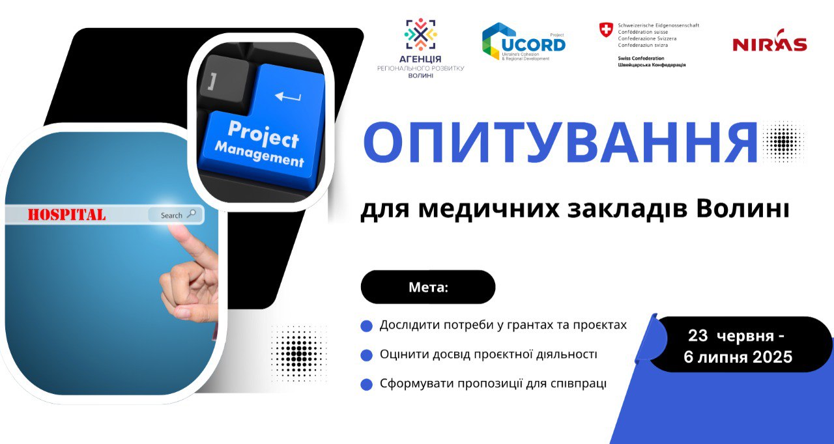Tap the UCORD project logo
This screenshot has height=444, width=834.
pos(523,42)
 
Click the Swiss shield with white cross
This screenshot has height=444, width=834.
pos(606,30)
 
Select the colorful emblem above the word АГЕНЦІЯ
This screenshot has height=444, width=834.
pos(421,35)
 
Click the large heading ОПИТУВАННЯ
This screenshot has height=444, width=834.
pos(560,143)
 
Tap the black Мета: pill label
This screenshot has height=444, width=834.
pos(428,287)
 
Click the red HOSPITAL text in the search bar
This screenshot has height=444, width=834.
pos(66,215)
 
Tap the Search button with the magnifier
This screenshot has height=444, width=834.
pos(176,215)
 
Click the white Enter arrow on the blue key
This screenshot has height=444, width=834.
pos(288,97)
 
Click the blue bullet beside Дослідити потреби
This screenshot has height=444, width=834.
pos(367,326)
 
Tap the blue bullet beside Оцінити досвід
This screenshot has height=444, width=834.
pos(367,355)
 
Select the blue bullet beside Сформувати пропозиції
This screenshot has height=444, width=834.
pos(367,384)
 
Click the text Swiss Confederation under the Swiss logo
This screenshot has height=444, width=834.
pos(641,59)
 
